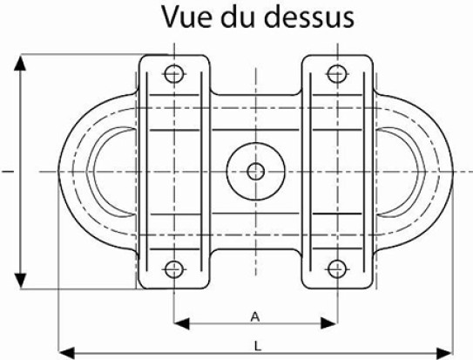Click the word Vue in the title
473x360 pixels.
tap(186, 17)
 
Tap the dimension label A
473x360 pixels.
tap(255, 317)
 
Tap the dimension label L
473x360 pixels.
tap(257, 346)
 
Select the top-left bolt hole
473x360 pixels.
tap(174, 74)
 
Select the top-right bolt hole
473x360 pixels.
tap(337, 74)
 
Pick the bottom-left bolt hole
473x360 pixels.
tap(174, 268)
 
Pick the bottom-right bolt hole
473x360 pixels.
tap(337, 268)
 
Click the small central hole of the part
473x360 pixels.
tap(256, 172)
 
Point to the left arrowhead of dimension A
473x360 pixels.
tap(181, 323)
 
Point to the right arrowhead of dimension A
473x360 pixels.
tap(328, 323)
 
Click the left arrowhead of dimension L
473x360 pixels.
tap(66, 353)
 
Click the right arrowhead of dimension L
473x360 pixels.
tap(445, 353)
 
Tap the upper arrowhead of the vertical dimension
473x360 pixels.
tap(20, 63)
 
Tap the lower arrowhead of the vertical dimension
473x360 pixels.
tap(20, 281)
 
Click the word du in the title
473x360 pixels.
tap(238, 17)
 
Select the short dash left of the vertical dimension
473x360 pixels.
tap(8, 172)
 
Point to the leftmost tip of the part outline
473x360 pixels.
tap(57, 172)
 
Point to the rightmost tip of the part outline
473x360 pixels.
tap(453, 172)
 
